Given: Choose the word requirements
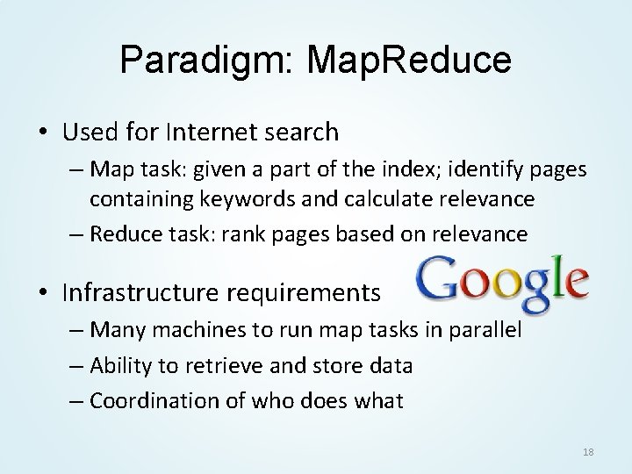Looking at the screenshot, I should (x=306, y=292).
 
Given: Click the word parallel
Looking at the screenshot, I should (x=488, y=331).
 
